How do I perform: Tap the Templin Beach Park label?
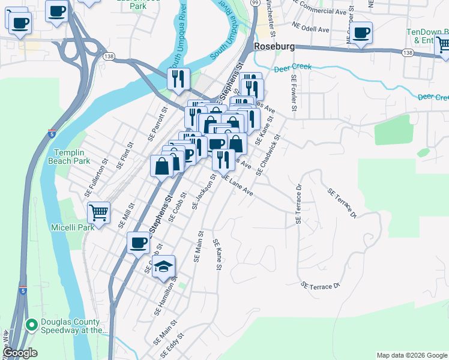(x=72, y=157)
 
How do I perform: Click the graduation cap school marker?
(x=163, y=267)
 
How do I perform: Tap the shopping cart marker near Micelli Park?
(x=98, y=212)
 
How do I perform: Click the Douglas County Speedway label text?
(x=73, y=325)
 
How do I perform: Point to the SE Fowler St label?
(x=294, y=94)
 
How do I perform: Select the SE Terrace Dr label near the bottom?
(x=322, y=286)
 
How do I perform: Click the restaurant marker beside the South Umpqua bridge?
(x=179, y=79)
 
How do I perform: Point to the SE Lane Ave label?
(x=237, y=185)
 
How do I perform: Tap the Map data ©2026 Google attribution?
(x=411, y=355)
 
